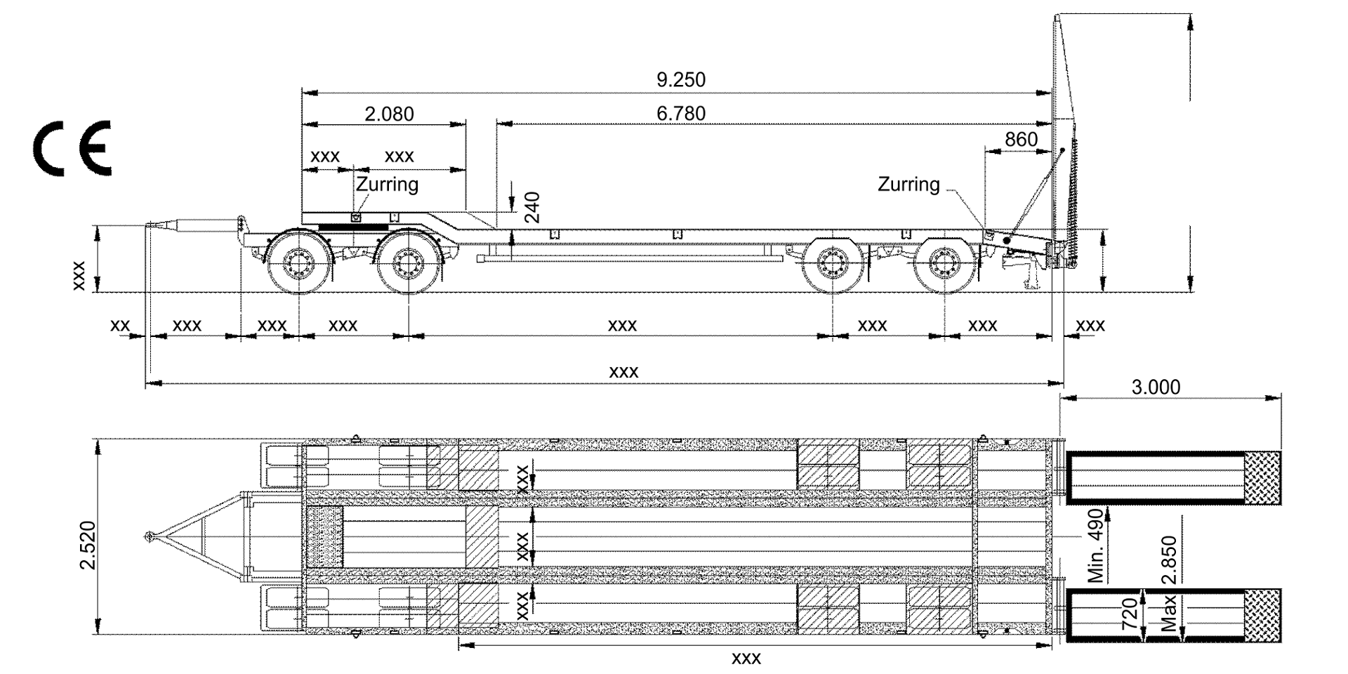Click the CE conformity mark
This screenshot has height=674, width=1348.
tap(72, 148)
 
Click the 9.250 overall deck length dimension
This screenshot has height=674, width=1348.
tap(680, 79)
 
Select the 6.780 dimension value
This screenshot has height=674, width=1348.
tap(680, 113)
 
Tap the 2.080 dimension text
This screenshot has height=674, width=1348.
tap(389, 114)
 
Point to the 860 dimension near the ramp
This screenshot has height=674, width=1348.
tap(1021, 139)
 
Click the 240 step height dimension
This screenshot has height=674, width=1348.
tap(534, 207)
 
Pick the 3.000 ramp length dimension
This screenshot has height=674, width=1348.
tap(1156, 387)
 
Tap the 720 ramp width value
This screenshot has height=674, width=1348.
tap(1130, 616)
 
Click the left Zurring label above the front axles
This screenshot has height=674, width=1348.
tap(387, 184)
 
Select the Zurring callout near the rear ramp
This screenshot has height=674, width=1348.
tap(908, 184)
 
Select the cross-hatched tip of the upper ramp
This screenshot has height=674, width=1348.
tap(1262, 477)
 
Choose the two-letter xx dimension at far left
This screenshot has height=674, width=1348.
tap(121, 325)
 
